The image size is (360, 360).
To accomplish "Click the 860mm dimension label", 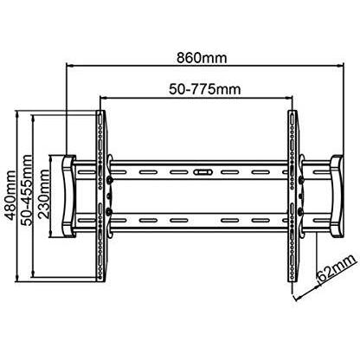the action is click(x=202, y=58).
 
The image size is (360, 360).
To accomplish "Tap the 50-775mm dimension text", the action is click(x=204, y=89).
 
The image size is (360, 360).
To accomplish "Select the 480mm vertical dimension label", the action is click(x=11, y=196).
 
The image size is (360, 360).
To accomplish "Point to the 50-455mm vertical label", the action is click(x=27, y=190).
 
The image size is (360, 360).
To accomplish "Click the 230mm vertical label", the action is click(x=43, y=194).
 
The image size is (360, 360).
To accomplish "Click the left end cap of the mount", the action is click(x=68, y=196).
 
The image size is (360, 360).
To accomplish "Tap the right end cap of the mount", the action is click(x=337, y=196).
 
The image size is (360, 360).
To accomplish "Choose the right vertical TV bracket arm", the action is click(x=292, y=196).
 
